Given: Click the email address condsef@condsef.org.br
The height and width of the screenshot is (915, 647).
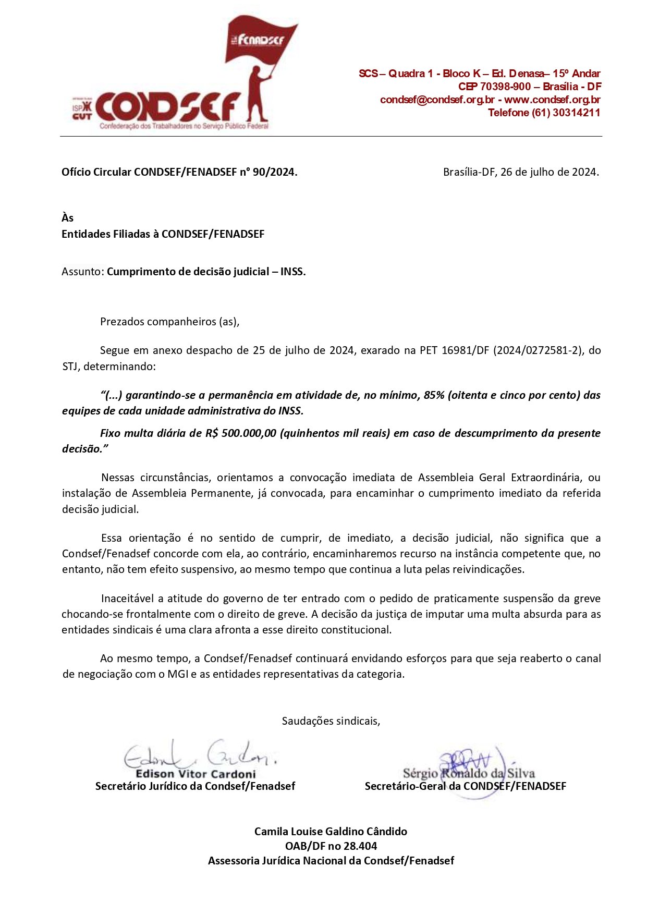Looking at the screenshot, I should [437, 100].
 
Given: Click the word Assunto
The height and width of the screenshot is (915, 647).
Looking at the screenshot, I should [82, 272].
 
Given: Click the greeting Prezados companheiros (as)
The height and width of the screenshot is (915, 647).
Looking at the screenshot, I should [169, 322].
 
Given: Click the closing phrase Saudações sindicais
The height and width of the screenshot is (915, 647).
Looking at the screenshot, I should [331, 721].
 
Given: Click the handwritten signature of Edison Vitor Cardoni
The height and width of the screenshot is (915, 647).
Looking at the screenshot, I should [198, 754].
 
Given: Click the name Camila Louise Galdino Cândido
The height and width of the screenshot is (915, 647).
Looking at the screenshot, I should [331, 832].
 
